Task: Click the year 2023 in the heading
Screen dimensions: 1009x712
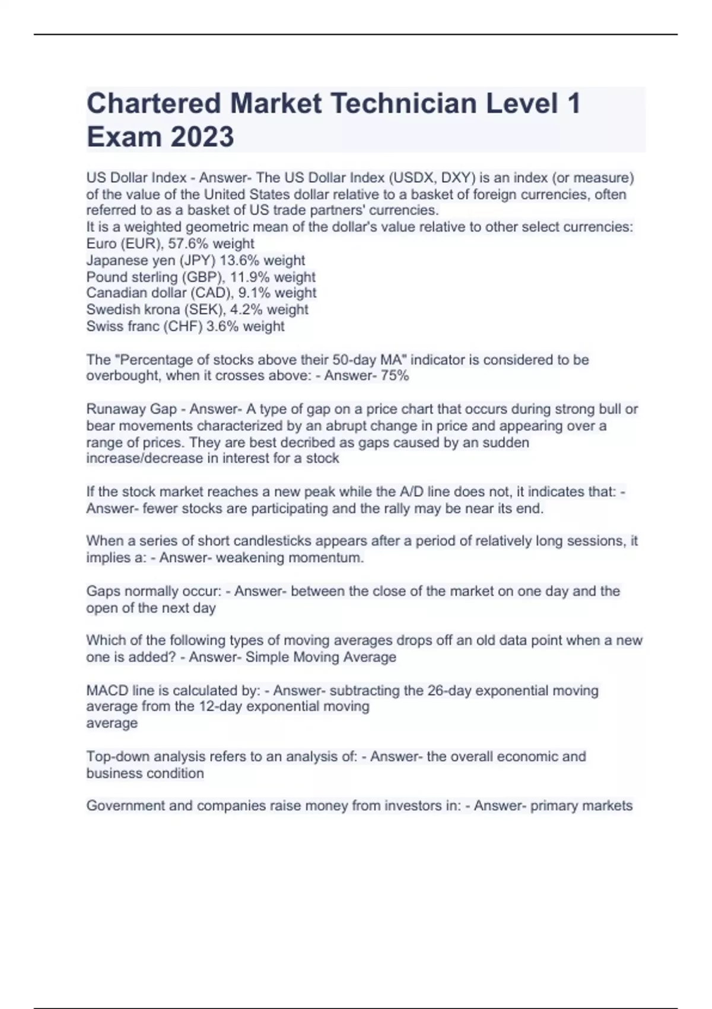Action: pyautogui.click(x=202, y=137)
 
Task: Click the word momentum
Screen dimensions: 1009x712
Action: pyautogui.click(x=333, y=557)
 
